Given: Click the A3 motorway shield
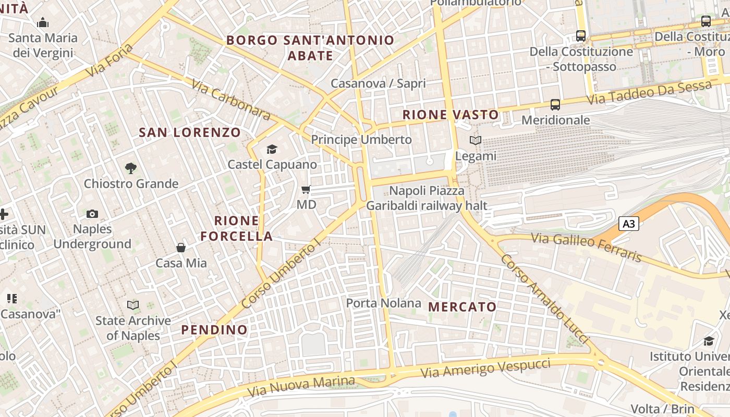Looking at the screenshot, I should (x=629, y=224).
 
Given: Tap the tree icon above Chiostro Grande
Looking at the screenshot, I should (x=131, y=168).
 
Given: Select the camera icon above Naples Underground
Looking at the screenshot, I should (x=92, y=214).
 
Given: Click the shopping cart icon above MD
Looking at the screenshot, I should (x=306, y=189).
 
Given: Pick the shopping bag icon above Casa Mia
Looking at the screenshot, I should (x=181, y=248).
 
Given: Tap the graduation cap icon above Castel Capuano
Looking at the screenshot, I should (x=272, y=150).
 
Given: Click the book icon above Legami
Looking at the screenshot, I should (x=475, y=140).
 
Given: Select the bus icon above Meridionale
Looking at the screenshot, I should (x=555, y=105).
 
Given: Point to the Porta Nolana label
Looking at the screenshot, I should (x=384, y=303).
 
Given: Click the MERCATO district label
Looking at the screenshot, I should (x=463, y=306).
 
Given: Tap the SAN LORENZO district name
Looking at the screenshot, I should (x=190, y=132).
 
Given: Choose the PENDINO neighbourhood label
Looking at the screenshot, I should (x=214, y=329).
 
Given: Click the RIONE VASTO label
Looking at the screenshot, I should (x=451, y=115).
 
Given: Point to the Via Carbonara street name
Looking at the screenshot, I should (x=230, y=100).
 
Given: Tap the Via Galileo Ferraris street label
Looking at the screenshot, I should (x=586, y=247).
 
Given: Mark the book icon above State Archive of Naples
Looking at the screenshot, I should (x=133, y=305).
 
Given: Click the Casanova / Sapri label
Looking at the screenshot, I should (x=378, y=83).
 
